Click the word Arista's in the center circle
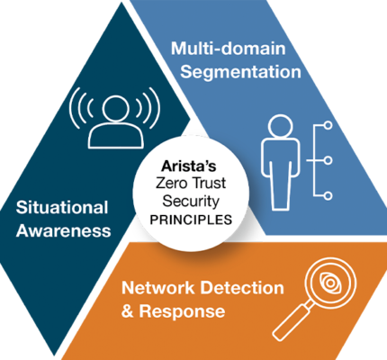tap(189, 166)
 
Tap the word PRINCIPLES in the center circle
tap(191, 220)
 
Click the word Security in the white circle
tap(191, 202)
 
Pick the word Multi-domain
tap(228, 49)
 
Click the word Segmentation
tap(240, 72)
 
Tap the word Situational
tap(62, 207)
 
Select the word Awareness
tap(64, 230)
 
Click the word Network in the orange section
tap(158, 288)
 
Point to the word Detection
tap(242, 288)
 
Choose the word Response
tap(182, 311)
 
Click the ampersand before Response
tap(128, 311)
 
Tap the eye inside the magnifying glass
tap(330, 283)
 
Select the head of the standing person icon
tap(280, 126)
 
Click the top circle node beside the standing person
tap(328, 125)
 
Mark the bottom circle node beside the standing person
tap(328, 196)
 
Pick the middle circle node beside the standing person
tap(328, 160)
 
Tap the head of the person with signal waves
tap(115, 109)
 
